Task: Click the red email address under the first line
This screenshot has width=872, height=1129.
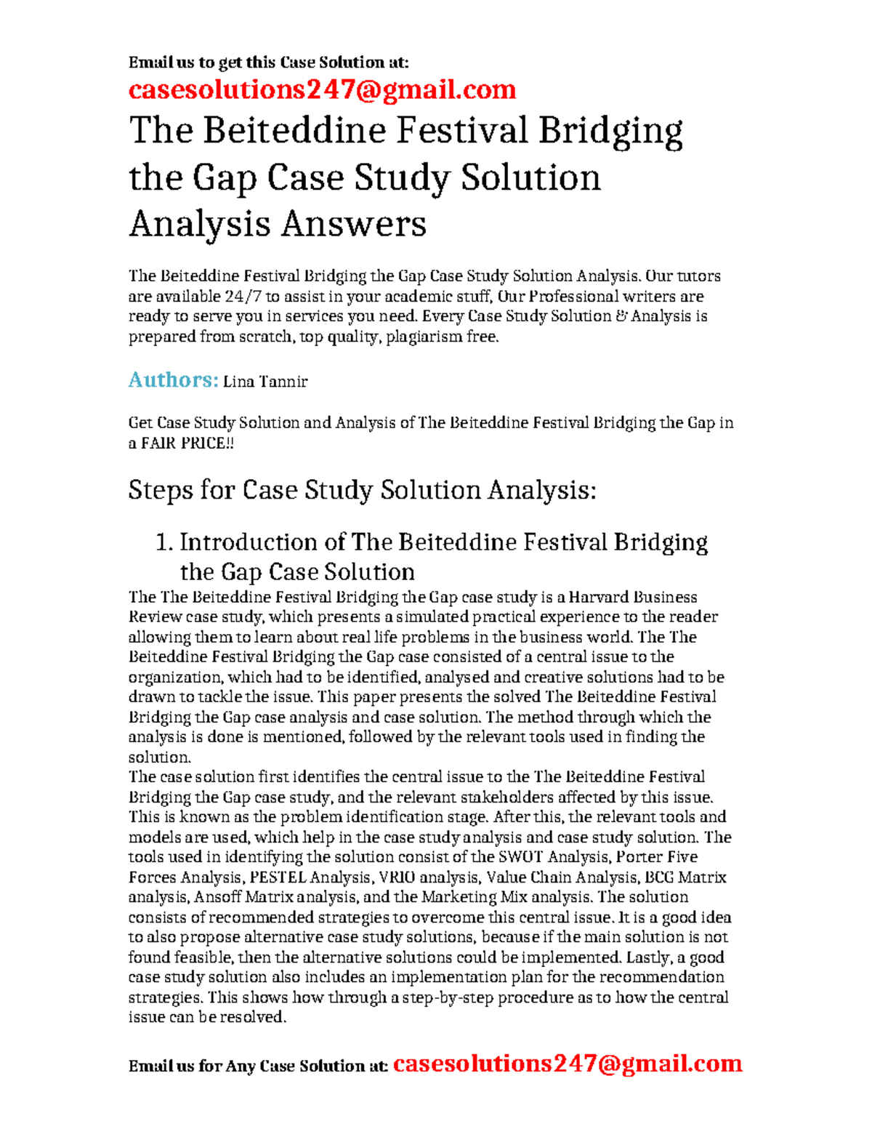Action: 322,89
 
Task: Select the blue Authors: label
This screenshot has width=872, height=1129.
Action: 173,379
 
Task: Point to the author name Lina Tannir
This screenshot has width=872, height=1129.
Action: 265,382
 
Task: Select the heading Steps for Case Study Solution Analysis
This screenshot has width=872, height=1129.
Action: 362,490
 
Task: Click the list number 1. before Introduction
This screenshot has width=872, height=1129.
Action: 165,542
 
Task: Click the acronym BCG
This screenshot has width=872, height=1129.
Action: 661,877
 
